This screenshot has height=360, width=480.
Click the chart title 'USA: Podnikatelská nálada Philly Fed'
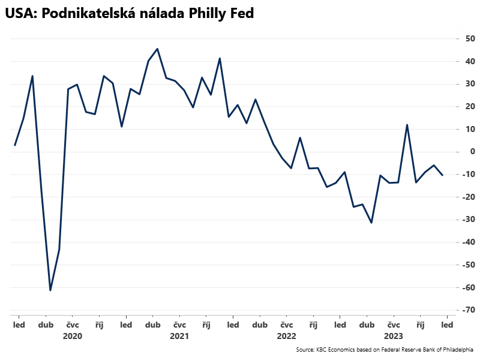pos(130,14)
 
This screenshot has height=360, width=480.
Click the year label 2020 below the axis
pos(72,337)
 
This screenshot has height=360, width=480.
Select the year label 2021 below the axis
pos(179,337)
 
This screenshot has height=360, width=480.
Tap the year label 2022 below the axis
pos(286,337)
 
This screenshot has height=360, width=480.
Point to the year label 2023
pos(393,337)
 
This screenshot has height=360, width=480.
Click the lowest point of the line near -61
pos(50,290)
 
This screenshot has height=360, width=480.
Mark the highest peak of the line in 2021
pos(157,49)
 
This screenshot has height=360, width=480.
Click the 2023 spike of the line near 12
pos(407,125)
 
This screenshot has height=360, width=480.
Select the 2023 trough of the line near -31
pos(371,223)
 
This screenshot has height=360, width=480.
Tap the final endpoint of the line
pos(443,175)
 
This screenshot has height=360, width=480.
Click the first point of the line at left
pos(14,145)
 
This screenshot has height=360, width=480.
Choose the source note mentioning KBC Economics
pos(384,349)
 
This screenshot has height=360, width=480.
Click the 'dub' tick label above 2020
pos(46,325)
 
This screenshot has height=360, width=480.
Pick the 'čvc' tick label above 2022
pos(286,325)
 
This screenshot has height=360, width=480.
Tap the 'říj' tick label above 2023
pos(421,325)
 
